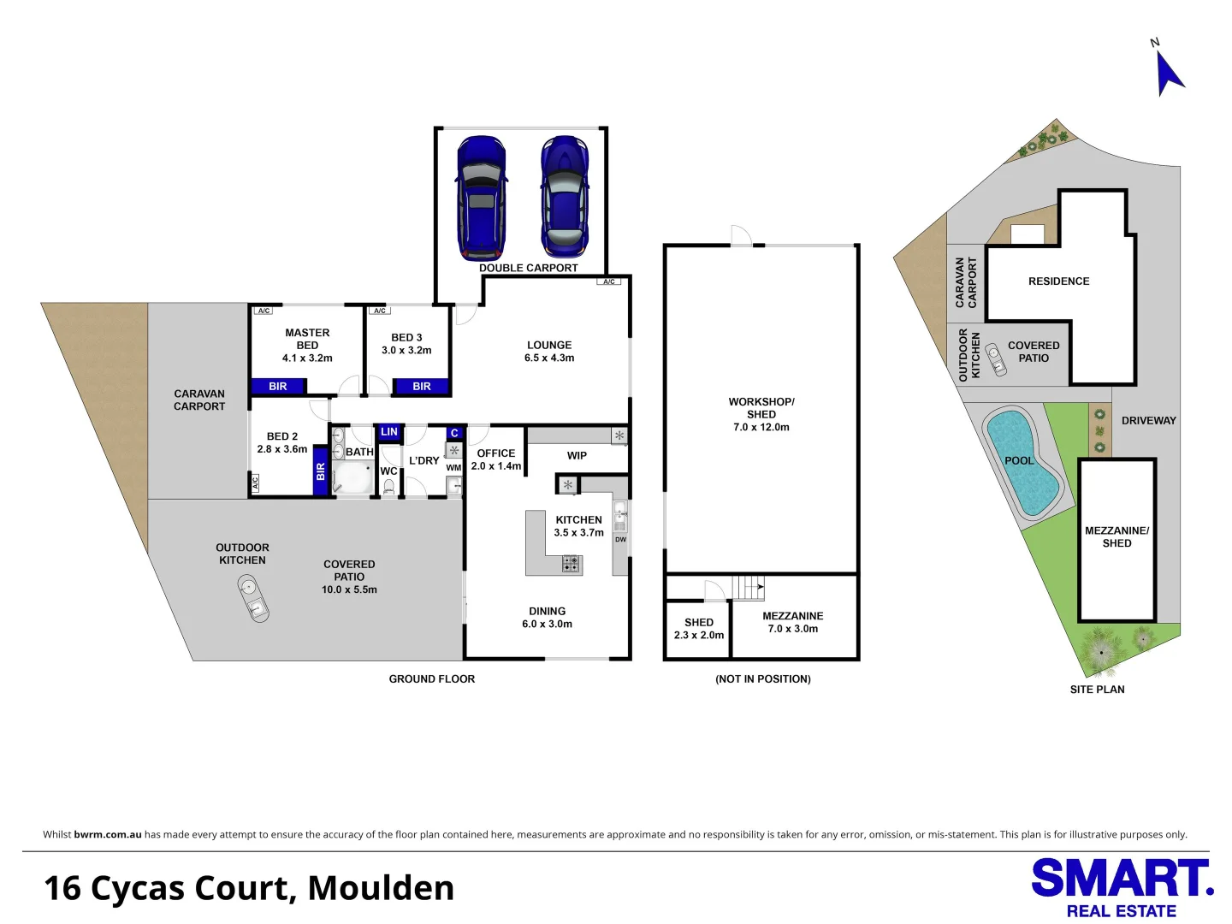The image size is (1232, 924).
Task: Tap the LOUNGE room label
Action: click(x=549, y=352)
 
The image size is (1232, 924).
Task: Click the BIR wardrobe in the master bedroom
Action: click(x=279, y=387)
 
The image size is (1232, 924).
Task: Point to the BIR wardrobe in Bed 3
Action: click(x=421, y=387)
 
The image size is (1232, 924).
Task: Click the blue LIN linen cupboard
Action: click(x=389, y=432)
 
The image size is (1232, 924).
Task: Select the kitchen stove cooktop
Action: click(x=571, y=564)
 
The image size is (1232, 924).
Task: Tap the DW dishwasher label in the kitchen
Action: click(x=620, y=540)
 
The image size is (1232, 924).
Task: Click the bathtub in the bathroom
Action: click(x=352, y=478)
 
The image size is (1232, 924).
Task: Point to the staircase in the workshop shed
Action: click(x=749, y=588)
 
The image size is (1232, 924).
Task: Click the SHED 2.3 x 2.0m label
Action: click(x=698, y=629)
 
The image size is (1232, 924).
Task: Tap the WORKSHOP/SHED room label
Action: click(x=761, y=414)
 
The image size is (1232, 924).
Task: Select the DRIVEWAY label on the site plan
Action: click(x=1148, y=421)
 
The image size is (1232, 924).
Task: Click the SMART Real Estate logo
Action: click(x=1121, y=888)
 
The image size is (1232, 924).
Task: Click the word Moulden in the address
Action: click(x=381, y=888)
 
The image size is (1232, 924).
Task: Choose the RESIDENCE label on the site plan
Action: click(x=1058, y=281)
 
